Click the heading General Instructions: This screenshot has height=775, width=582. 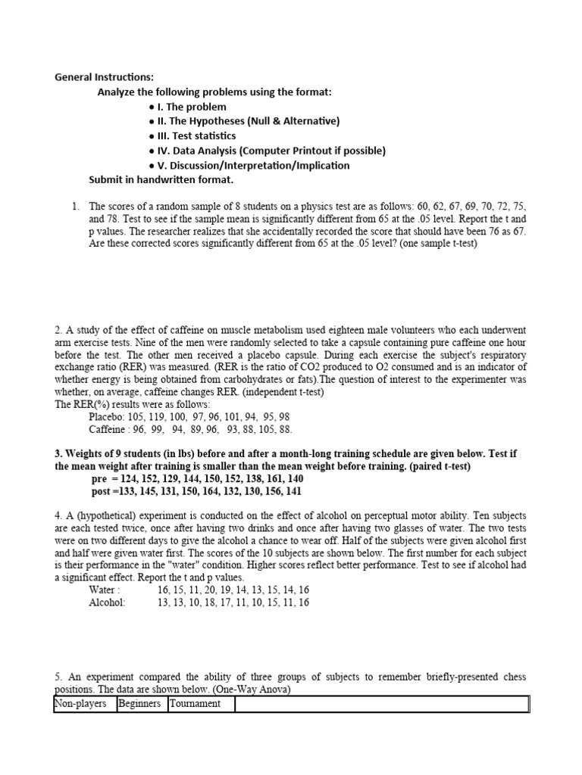(x=104, y=77)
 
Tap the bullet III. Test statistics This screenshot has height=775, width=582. (x=192, y=135)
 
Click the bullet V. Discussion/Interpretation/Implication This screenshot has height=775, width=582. (x=249, y=165)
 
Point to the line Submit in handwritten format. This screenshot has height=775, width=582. (x=161, y=180)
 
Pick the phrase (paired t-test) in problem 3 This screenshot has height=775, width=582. (x=433, y=466)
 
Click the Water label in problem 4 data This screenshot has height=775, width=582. (x=104, y=590)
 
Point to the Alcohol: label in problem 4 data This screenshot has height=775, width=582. (x=108, y=602)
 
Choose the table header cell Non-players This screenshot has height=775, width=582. (x=80, y=704)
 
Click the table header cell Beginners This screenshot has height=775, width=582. (x=139, y=704)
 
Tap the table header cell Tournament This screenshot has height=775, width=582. (x=196, y=704)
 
